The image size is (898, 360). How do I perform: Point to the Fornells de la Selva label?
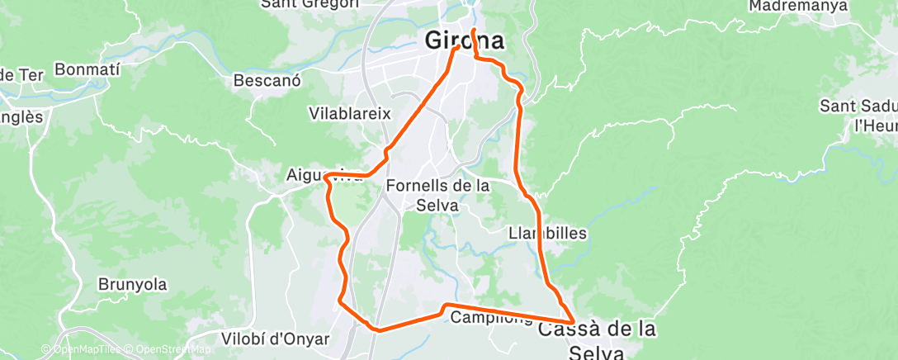437,194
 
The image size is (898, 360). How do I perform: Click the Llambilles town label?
548,233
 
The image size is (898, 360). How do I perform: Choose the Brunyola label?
133,285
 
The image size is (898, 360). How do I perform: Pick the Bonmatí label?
87,69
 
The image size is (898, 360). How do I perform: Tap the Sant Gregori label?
310,3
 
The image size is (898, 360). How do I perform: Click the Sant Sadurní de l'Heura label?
858,116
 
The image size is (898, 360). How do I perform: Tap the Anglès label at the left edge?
20,117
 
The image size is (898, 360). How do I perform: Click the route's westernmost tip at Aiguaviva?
327,175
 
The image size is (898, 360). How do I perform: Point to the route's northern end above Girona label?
474,31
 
